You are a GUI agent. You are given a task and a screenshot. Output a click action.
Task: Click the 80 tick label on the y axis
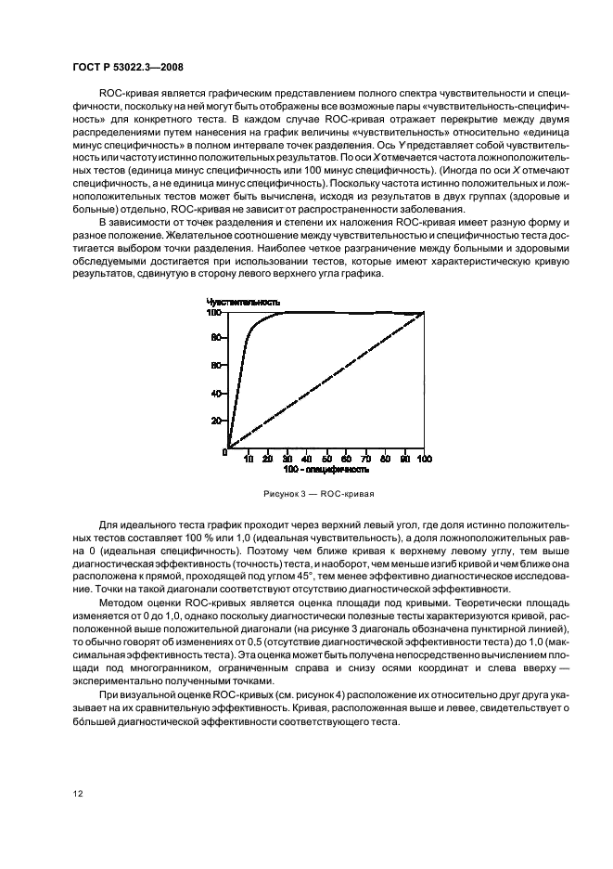tap(215, 338)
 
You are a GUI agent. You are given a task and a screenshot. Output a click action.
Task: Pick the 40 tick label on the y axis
tap(215, 393)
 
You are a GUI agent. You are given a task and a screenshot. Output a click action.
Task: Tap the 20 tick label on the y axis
tap(215, 421)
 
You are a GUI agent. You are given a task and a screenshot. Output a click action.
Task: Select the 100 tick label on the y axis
tap(213, 313)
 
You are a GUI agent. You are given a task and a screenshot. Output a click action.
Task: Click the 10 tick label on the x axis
tap(248, 459)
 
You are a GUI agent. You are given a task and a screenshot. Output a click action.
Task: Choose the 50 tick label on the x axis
tap(326, 459)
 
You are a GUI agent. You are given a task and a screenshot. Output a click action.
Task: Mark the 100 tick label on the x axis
tap(424, 459)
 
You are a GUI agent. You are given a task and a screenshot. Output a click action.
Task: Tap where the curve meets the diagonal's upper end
tap(424, 313)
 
